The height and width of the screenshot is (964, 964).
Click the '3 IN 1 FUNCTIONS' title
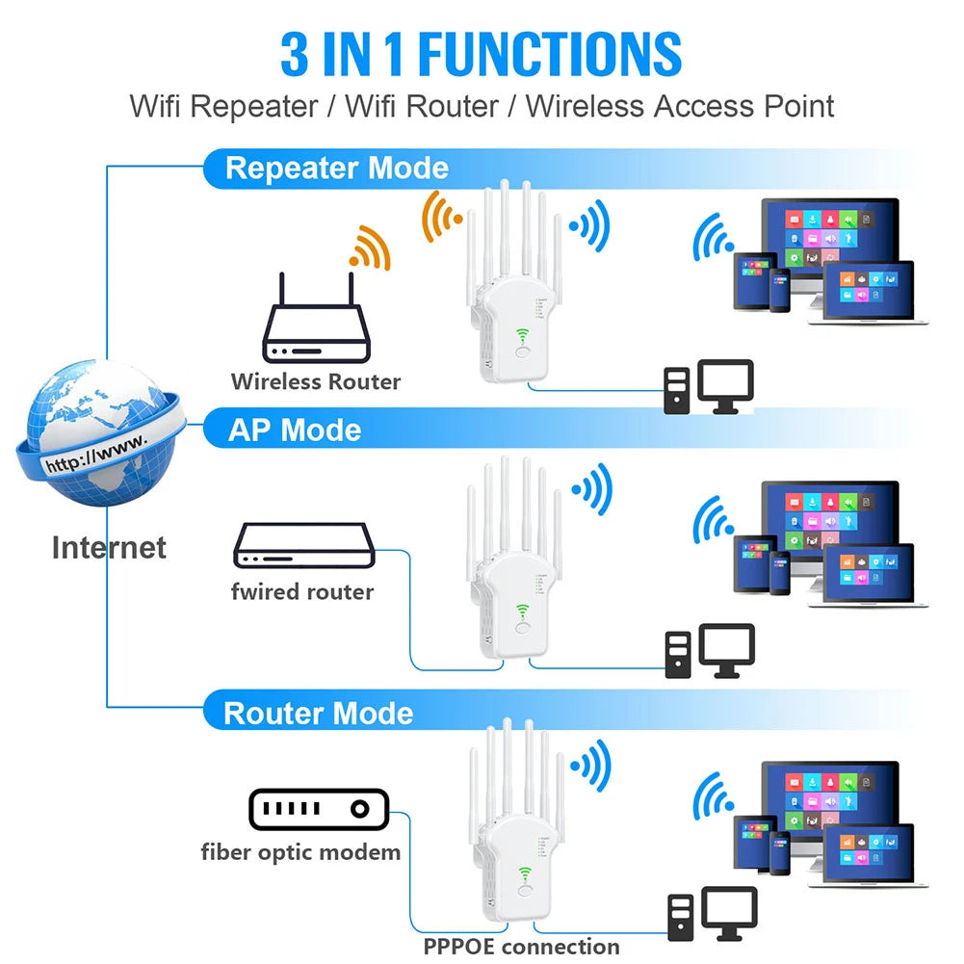pyautogui.click(x=481, y=54)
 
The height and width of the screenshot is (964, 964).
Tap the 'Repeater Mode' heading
pyautogui.click(x=336, y=169)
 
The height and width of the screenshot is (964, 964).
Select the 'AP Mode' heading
pyautogui.click(x=294, y=430)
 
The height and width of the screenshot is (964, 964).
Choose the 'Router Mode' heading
pyautogui.click(x=318, y=714)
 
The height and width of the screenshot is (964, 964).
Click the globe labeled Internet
pyautogui.click(x=96, y=433)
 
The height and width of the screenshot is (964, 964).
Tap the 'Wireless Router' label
pyautogui.click(x=315, y=381)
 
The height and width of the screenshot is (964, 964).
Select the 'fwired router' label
pyautogui.click(x=301, y=591)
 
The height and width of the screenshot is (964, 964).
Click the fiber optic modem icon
pyautogui.click(x=318, y=810)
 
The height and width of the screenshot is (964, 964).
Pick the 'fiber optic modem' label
pyautogui.click(x=300, y=851)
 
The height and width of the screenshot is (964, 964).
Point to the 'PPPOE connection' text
pyautogui.click(x=521, y=947)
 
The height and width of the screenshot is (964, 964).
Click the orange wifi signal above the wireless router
pyautogui.click(x=370, y=248)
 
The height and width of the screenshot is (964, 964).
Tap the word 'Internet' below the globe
pyautogui.click(x=108, y=548)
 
